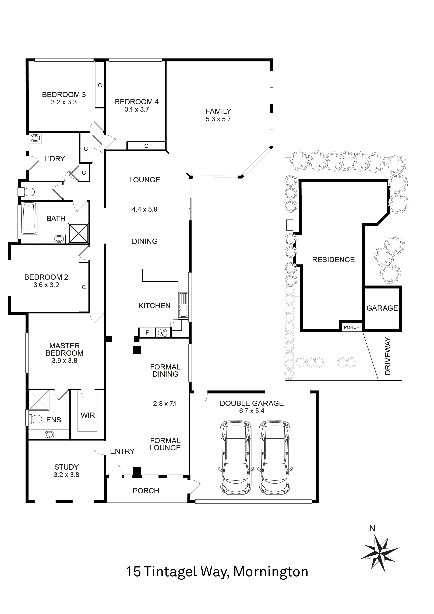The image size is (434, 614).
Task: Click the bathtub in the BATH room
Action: pos(29,216)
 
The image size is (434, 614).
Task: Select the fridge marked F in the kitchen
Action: pos(147,333)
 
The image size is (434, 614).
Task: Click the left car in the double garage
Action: pos(235,458)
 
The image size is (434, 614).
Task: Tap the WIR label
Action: pos(88,415)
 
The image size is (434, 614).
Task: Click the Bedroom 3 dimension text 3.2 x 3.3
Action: pos(64,102)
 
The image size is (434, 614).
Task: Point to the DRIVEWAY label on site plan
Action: pos(388,356)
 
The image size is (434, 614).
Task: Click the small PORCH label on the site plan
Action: pos(351,327)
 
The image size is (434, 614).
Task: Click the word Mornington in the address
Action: pos(271,572)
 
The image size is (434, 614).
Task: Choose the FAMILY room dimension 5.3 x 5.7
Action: pos(218,119)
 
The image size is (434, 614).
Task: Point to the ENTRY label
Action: pos(122,451)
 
